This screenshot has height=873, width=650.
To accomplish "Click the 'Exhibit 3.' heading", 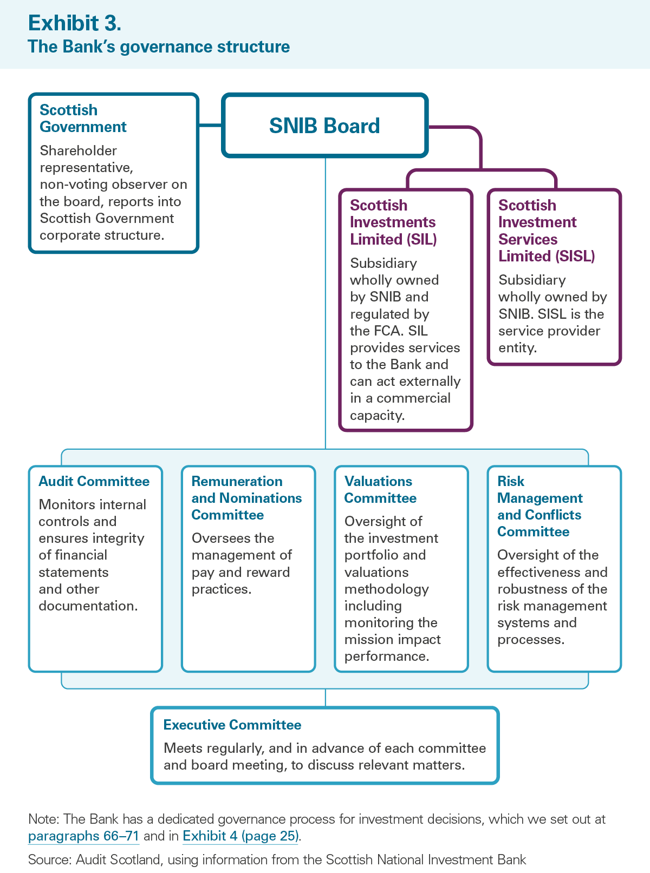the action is tap(74, 23).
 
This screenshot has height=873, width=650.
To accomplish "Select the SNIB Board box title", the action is tap(324, 126).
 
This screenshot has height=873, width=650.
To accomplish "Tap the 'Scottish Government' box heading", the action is tap(83, 118).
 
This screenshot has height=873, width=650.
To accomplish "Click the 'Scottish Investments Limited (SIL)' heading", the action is tap(393, 222).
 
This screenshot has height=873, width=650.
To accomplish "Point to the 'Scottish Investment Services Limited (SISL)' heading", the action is tap(547, 230).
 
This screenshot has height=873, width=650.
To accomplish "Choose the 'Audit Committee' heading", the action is tap(94, 481).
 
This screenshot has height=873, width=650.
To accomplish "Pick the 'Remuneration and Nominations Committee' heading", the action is tap(246, 498).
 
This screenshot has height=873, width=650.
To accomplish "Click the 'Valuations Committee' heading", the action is tap(380, 490).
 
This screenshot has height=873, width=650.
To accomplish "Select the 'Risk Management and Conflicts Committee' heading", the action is tap(539, 506).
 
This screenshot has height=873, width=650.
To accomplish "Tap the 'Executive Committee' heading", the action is tap(232, 725).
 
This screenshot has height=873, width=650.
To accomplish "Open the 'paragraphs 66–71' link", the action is tap(83, 836).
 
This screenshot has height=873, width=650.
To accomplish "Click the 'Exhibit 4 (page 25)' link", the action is tap(240, 836).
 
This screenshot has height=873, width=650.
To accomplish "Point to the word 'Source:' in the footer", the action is tap(50, 859).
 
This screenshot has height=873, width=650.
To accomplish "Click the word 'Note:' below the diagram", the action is tap(43, 819).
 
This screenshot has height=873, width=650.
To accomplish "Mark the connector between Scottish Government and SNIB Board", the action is tap(210, 126).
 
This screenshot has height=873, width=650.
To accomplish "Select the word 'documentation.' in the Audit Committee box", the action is tap(88, 606).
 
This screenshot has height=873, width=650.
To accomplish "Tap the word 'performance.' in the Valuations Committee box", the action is tap(386, 656).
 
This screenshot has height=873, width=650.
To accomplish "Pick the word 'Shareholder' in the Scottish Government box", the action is tap(78, 150).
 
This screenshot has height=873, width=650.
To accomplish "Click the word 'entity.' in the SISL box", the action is tap(517, 348).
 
